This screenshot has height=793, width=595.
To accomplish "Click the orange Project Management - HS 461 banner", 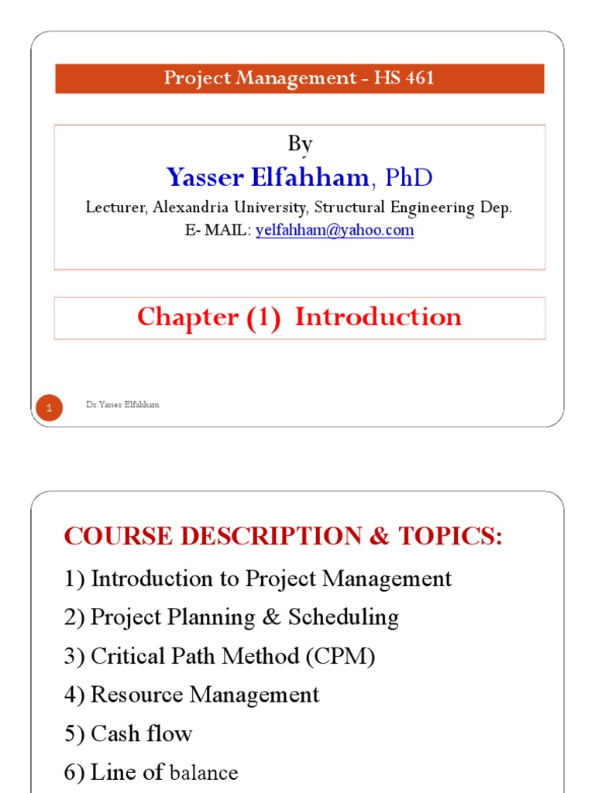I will [x=299, y=78].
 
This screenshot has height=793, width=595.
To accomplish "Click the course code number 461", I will [x=417, y=78].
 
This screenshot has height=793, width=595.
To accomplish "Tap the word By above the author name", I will [x=300, y=144].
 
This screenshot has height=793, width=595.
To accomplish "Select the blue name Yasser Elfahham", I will [x=267, y=178].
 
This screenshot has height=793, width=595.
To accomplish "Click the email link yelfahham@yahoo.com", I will [x=335, y=230].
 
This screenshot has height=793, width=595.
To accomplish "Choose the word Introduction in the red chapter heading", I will [x=378, y=317].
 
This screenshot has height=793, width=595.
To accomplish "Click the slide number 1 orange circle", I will [x=50, y=407].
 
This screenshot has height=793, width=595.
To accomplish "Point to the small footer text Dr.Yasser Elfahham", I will [x=123, y=405].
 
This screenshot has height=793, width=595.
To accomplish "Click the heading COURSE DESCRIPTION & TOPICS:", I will [x=284, y=536].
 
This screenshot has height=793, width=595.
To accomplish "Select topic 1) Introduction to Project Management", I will [x=258, y=578].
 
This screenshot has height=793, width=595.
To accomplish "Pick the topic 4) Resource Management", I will [x=191, y=695].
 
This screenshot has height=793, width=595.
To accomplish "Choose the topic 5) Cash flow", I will [x=128, y=733].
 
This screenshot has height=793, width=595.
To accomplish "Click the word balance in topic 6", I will [x=204, y=773].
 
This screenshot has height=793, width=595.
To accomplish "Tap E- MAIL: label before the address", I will [x=218, y=230].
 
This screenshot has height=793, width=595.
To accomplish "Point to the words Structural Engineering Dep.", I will [x=413, y=208].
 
